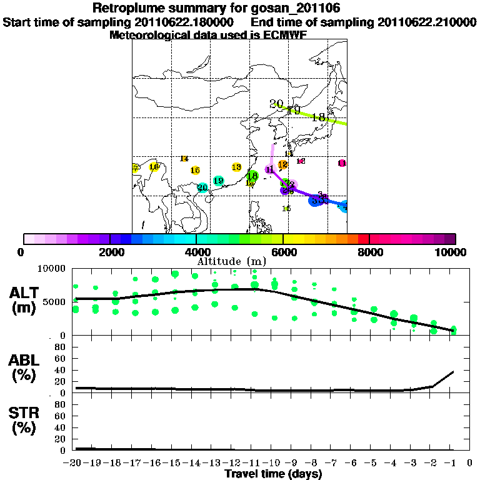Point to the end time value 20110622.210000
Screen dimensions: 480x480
427,22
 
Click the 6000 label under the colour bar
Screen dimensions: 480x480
283,252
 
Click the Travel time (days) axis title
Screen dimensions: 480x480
273,474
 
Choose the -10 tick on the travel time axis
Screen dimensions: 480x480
274,463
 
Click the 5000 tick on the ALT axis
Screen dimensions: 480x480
56,302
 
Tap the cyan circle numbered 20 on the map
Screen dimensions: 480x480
202,187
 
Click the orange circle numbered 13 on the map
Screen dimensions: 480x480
236,167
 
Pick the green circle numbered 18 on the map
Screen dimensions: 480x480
252,176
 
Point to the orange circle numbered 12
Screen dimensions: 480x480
282,165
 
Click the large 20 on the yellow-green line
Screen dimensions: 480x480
276,104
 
